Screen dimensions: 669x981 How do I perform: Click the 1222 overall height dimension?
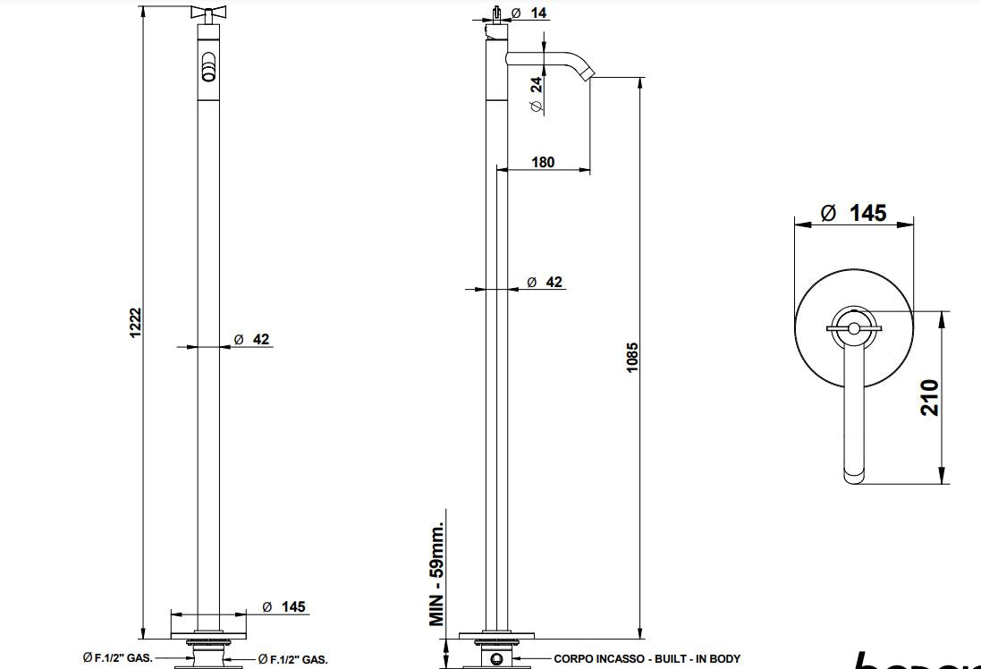(135, 323)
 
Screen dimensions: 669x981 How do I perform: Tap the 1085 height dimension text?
(632, 358)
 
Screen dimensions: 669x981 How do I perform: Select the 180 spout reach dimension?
(543, 162)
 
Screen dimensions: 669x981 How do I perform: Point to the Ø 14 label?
(530, 13)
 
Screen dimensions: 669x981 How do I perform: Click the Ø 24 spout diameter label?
(536, 95)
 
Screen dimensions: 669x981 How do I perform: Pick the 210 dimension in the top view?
(930, 397)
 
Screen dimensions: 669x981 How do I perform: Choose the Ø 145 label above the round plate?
(854, 213)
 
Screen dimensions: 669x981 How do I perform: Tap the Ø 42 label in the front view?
(251, 339)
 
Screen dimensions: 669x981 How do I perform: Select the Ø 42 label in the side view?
(545, 282)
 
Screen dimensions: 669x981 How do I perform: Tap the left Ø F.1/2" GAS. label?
(117, 658)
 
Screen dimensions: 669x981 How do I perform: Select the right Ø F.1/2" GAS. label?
(292, 659)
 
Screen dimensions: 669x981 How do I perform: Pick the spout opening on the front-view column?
(207, 68)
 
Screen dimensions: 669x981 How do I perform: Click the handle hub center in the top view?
(854, 329)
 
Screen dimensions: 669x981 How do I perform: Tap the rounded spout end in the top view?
(854, 474)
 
